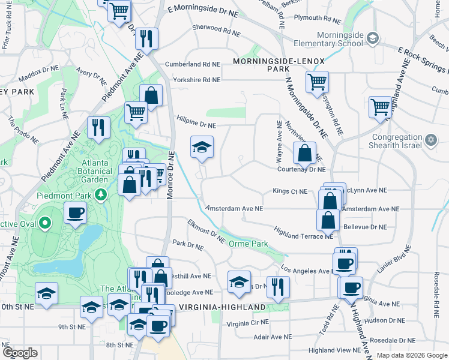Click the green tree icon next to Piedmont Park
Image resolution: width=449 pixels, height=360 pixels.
[x=102, y=194]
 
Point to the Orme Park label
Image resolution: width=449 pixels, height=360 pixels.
[x=248, y=244]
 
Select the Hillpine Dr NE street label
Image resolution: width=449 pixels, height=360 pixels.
[x=196, y=125]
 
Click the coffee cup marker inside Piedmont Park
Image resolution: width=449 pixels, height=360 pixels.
[x=76, y=213]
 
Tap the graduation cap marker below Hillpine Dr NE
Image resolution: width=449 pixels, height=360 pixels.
[x=202, y=147]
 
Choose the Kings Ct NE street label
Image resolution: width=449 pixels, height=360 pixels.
[x=290, y=191]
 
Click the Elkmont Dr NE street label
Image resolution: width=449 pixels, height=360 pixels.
[x=206, y=231]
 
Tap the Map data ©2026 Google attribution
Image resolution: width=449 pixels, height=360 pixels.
[x=411, y=355]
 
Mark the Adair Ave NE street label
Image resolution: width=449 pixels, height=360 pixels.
[x=273, y=337]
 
